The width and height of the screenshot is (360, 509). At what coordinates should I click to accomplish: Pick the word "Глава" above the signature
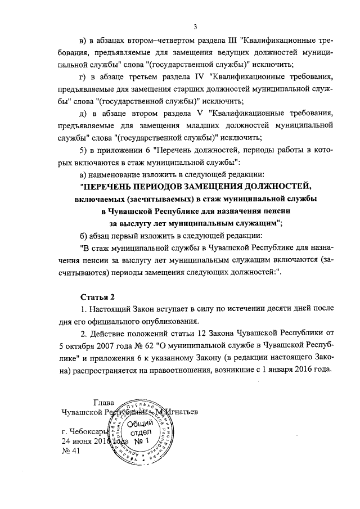103,402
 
